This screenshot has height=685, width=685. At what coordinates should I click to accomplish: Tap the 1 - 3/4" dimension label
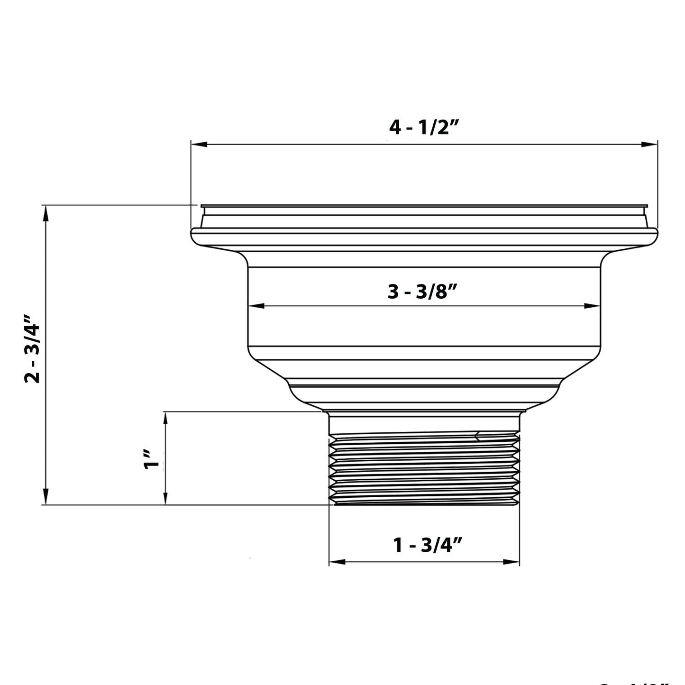tap(428, 546)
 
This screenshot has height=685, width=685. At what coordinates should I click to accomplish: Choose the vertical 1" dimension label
tap(153, 459)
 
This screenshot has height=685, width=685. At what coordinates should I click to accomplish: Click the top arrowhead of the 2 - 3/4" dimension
tap(46, 214)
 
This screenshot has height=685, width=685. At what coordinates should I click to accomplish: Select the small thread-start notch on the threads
tap(478, 436)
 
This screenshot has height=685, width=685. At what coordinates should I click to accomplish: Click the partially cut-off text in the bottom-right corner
tap(635, 682)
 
